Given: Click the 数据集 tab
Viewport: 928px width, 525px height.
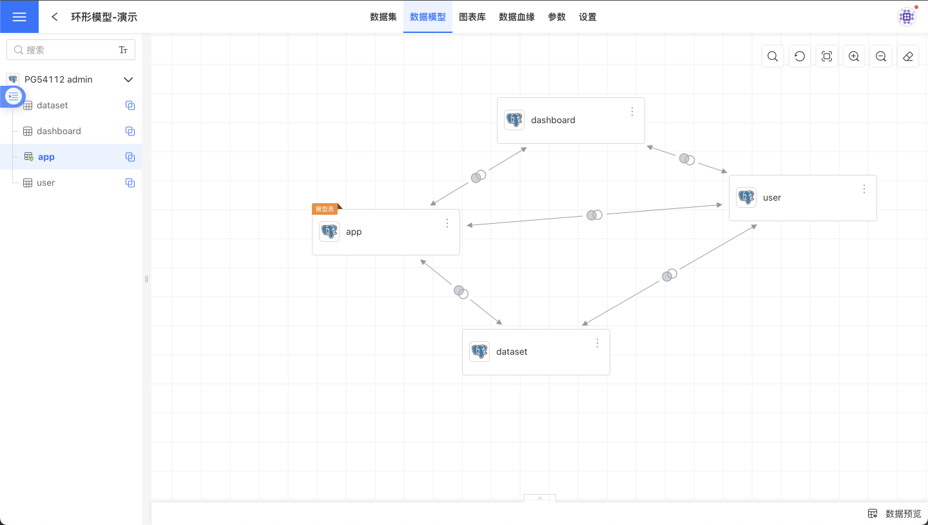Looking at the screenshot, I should [x=383, y=17].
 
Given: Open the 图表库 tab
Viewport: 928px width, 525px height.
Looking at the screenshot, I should [x=472, y=17].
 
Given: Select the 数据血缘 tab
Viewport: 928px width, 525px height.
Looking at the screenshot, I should [x=516, y=17].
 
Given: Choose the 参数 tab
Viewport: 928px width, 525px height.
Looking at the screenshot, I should [x=556, y=17].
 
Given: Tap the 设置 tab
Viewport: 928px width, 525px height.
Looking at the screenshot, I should [x=587, y=17].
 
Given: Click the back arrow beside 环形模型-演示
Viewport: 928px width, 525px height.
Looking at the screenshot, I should [x=55, y=17].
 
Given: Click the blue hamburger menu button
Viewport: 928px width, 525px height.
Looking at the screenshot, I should [x=19, y=17].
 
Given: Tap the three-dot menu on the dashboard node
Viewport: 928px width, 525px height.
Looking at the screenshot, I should [x=632, y=112].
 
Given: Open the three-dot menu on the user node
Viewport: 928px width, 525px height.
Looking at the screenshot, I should [x=864, y=189].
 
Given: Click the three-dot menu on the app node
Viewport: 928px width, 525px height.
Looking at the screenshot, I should [x=447, y=223].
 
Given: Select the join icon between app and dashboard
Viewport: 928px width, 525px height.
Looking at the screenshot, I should [x=478, y=176].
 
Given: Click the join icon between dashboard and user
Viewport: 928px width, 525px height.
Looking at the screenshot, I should [x=686, y=159].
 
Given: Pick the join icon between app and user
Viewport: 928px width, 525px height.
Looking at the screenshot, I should [x=594, y=215].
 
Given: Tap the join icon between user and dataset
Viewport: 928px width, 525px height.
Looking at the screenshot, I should [x=669, y=275].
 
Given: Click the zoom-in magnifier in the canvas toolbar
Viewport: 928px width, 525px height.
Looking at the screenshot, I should [x=854, y=56].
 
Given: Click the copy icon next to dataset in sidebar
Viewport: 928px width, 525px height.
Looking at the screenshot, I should [x=130, y=105].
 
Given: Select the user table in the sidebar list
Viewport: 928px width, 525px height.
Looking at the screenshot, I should [x=46, y=183].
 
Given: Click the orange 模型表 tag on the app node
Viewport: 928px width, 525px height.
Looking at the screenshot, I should [x=325, y=209].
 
